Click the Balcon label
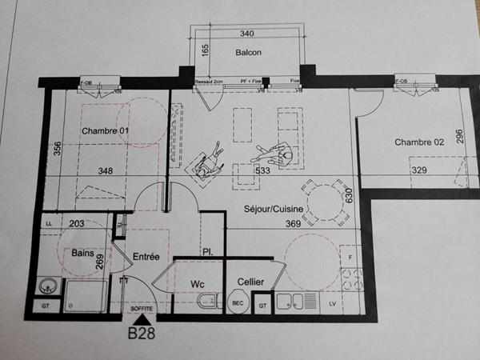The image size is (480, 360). pos(248,53)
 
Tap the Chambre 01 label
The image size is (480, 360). pos(105,130)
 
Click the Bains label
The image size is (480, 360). pos(83,253)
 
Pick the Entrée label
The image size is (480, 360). pos(146,256)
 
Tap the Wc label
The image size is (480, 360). pos(198,284)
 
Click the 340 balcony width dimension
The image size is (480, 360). pos(247,34)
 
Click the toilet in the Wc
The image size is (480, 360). pos(206,302)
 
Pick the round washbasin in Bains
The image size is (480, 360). pos(49,285)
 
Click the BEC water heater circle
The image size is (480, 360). pos(237,303)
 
